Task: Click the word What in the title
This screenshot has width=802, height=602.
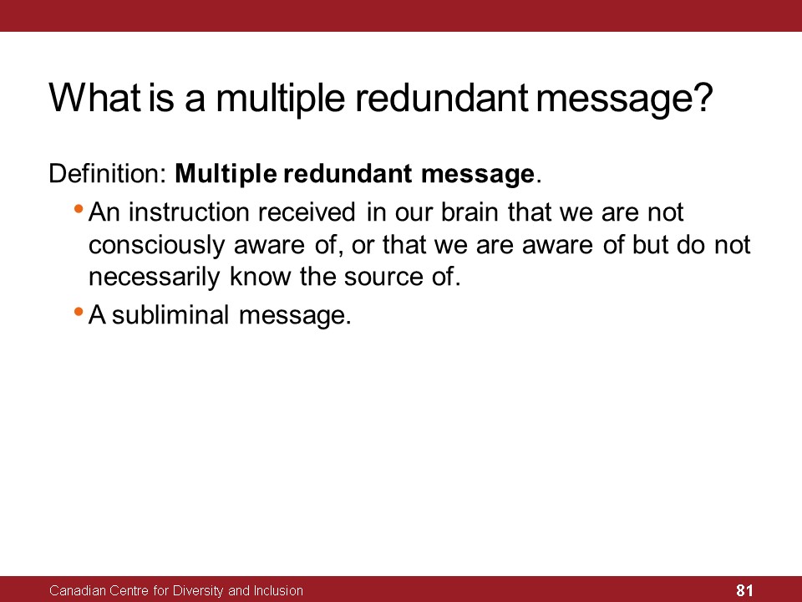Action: click(x=94, y=97)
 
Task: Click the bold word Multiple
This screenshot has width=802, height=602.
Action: click(x=226, y=175)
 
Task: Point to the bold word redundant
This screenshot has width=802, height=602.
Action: click(x=348, y=174)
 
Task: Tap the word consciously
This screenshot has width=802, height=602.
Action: click(x=156, y=246)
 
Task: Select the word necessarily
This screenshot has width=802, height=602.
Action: click(x=154, y=278)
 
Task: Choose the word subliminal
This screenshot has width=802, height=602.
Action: click(x=170, y=315)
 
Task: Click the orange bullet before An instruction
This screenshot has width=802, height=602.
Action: click(x=79, y=209)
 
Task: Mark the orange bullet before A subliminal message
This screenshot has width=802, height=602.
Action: click(x=79, y=311)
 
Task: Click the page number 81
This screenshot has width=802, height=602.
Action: click(x=744, y=590)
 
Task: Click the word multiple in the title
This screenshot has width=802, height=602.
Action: click(x=281, y=99)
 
